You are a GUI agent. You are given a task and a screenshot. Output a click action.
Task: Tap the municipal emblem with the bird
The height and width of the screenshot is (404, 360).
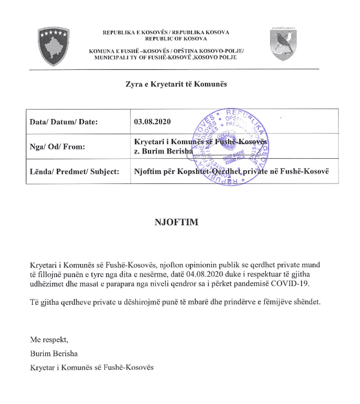point(283,44)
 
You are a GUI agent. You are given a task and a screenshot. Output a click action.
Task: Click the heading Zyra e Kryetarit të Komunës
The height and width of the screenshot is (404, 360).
point(176,84)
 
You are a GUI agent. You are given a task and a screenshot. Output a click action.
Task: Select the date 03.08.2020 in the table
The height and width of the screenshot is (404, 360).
point(152,121)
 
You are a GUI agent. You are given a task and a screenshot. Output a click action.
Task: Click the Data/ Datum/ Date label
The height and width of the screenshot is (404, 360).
point(64,122)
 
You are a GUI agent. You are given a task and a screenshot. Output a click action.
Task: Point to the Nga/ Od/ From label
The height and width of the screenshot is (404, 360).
point(57,147)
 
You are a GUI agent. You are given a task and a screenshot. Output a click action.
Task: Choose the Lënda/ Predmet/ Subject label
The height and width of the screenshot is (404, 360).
point(74,171)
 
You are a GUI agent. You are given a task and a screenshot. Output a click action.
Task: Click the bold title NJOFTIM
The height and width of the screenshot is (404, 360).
point(176,222)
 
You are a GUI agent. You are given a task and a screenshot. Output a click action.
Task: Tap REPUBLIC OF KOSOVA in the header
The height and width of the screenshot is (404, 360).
point(166,38)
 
